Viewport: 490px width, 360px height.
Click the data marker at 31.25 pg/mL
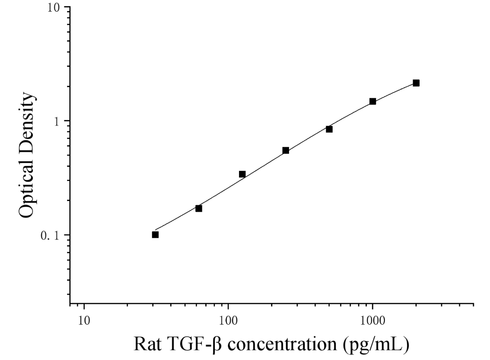click(x=155, y=235)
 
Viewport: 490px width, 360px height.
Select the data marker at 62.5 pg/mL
click(x=199, y=208)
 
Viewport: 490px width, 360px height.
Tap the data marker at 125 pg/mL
click(x=242, y=174)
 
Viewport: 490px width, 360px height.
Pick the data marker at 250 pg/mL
click(x=286, y=151)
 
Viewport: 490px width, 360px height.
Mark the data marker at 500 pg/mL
click(x=329, y=129)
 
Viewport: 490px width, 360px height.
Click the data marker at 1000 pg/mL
click(x=372, y=101)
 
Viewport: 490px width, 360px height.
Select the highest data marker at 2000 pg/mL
click(x=416, y=83)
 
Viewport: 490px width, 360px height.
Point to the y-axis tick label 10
click(x=53, y=7)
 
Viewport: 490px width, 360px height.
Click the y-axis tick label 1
click(x=56, y=121)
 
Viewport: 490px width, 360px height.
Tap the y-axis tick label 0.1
click(x=50, y=236)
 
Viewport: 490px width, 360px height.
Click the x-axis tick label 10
click(x=84, y=321)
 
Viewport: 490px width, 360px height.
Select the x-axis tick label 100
click(x=228, y=321)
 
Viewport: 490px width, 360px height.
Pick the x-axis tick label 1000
click(x=372, y=321)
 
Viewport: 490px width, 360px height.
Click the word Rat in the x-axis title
click(x=147, y=344)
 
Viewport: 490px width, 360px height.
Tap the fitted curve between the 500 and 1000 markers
click(x=351, y=114)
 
